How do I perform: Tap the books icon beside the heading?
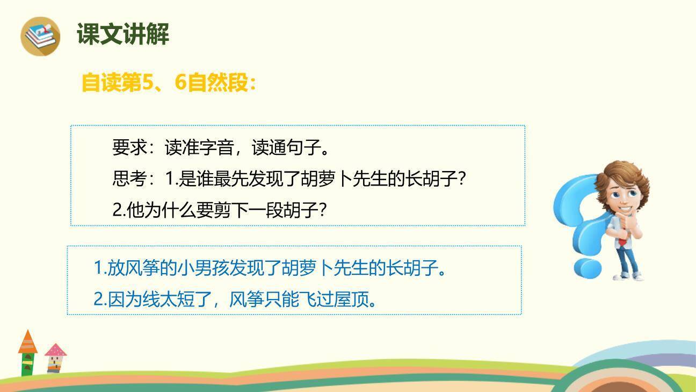pyautogui.click(x=40, y=35)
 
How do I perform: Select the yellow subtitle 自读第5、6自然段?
pyautogui.click(x=168, y=83)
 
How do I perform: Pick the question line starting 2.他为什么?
pyautogui.click(x=219, y=210)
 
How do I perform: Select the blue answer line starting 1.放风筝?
pyautogui.click(x=270, y=268)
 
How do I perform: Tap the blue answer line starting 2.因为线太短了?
pyautogui.click(x=235, y=299)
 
